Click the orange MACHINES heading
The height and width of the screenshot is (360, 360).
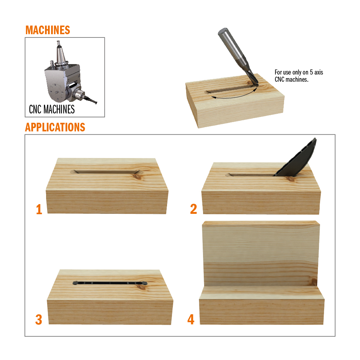point(48,30)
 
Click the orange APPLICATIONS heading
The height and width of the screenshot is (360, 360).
point(55,127)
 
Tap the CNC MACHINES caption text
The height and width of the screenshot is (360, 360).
point(52,109)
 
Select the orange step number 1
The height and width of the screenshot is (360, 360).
point(39,210)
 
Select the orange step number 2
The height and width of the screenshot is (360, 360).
point(194,209)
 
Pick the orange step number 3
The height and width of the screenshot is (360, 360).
point(39,320)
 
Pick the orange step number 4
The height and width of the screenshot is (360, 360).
point(191,319)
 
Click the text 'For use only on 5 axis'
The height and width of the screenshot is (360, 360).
point(299,72)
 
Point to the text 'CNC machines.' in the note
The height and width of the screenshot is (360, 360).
point(291,80)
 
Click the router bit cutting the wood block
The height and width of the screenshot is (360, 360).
point(238,56)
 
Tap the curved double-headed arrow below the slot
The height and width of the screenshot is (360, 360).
point(234,96)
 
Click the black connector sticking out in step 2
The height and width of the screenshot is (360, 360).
point(296,158)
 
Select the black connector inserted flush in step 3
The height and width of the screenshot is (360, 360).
point(110,283)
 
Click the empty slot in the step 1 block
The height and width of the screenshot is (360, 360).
point(106,172)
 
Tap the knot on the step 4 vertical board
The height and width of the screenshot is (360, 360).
point(314,282)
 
